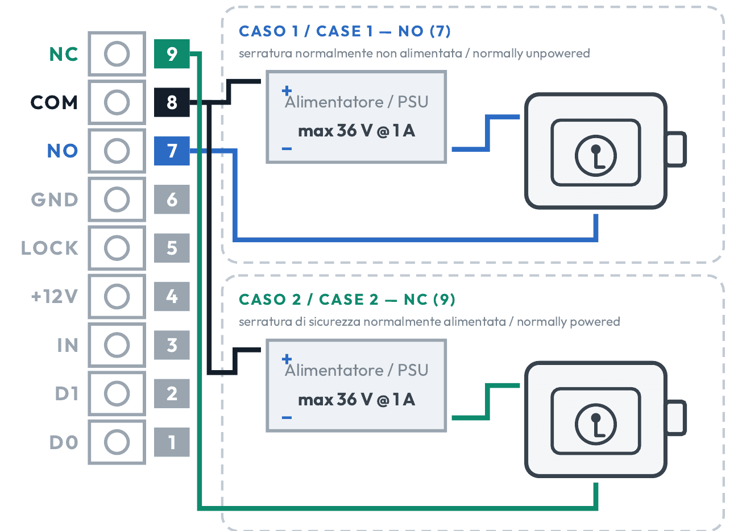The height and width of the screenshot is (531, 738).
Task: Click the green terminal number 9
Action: pyautogui.click(x=172, y=53)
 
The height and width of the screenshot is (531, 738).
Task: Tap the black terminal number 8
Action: pyautogui.click(x=172, y=102)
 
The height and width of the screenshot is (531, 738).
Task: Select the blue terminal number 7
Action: pyautogui.click(x=172, y=151)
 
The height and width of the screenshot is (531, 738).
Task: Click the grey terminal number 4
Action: pyautogui.click(x=172, y=296)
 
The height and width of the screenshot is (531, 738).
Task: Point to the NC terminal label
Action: pyautogui.click(x=64, y=54)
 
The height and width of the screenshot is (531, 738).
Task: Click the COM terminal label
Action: pyautogui.click(x=55, y=102)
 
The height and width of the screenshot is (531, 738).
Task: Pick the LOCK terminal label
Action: pyautogui.click(x=49, y=248)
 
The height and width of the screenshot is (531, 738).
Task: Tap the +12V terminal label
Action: pyautogui.click(x=55, y=296)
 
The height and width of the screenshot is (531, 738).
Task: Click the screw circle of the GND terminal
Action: pyautogui.click(x=117, y=200)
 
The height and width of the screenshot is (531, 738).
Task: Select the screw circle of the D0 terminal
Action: pyautogui.click(x=117, y=442)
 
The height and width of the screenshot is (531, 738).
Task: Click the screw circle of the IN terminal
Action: pyautogui.click(x=117, y=345)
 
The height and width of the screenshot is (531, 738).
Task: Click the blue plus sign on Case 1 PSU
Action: pyautogui.click(x=287, y=90)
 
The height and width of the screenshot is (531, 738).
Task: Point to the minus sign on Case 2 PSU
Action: pyautogui.click(x=287, y=417)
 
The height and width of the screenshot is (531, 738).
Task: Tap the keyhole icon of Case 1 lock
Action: pyautogui.click(x=595, y=156)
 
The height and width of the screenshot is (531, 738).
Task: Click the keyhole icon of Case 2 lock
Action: pyautogui.click(x=595, y=424)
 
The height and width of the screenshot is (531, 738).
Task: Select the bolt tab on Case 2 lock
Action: pyautogui.click(x=676, y=417)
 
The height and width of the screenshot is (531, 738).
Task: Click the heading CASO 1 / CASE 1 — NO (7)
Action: pyautogui.click(x=345, y=31)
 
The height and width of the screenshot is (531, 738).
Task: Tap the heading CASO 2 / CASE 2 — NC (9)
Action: pyautogui.click(x=347, y=300)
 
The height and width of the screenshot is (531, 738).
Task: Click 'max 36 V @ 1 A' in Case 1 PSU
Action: pyautogui.click(x=356, y=131)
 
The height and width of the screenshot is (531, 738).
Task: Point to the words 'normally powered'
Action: pyautogui.click(x=569, y=322)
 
